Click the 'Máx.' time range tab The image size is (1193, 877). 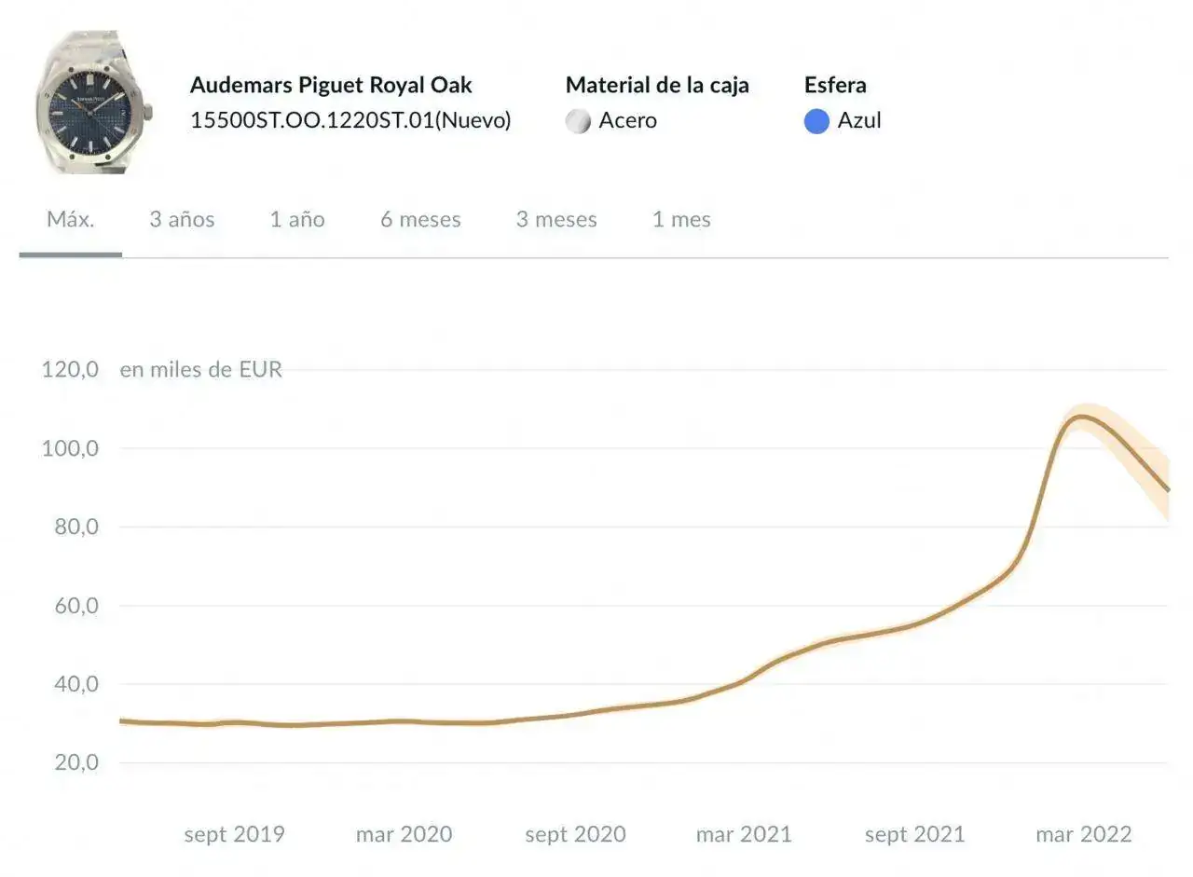point(71,220)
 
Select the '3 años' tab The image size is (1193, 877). point(182,220)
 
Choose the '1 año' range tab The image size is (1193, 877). point(297,220)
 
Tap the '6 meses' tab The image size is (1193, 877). point(420,220)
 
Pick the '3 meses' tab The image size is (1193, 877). point(556,220)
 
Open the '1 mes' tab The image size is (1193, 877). point(681,220)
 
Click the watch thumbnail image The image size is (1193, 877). point(93,103)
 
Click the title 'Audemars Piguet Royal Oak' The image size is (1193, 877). point(331,85)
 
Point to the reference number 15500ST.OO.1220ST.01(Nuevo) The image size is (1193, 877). point(350,120)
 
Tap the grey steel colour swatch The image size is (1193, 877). point(578,121)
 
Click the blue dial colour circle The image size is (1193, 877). point(816,121)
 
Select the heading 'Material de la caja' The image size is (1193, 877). point(657,85)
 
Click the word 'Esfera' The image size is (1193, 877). point(835,85)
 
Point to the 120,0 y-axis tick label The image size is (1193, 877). point(70,369)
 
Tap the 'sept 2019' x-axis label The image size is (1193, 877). point(234,834)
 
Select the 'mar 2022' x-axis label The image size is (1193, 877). point(1083,834)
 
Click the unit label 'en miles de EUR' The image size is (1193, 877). point(200,369)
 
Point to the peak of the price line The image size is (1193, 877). point(1080,417)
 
